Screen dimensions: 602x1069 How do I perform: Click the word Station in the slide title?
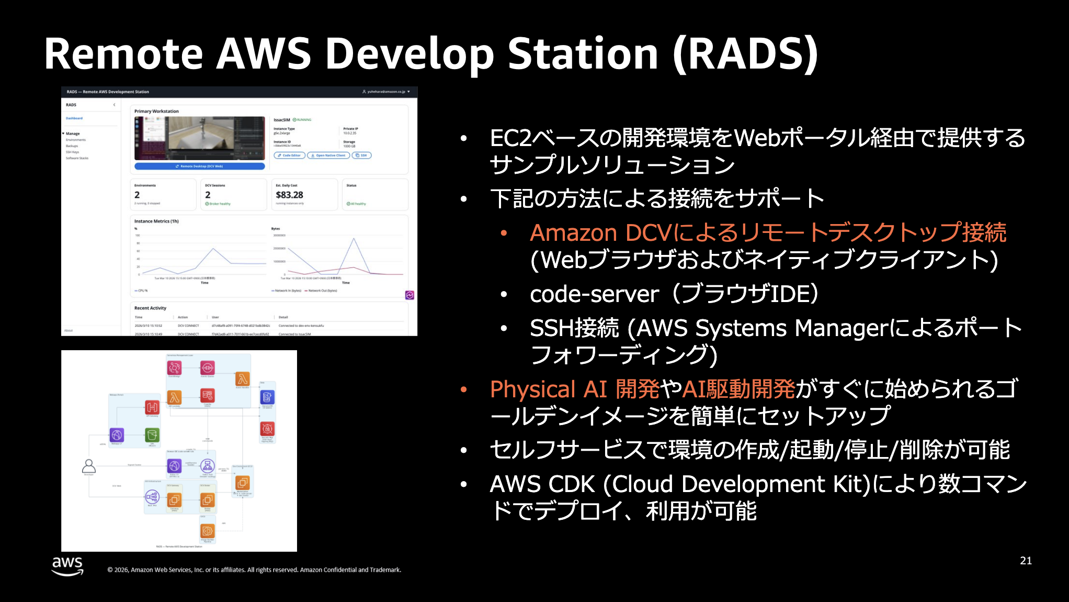[x=583, y=54]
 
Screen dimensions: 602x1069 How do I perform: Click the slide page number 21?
[x=1026, y=561]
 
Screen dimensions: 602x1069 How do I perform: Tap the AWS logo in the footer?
[x=67, y=566]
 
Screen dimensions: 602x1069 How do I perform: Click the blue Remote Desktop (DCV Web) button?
[x=199, y=166]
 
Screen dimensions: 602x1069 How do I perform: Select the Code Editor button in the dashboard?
[x=289, y=155]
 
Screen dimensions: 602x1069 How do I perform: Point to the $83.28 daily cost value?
[x=289, y=195]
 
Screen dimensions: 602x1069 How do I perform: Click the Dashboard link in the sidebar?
[x=74, y=118]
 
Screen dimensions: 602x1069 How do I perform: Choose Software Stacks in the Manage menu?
[x=77, y=158]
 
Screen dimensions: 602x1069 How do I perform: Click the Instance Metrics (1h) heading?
[x=156, y=221]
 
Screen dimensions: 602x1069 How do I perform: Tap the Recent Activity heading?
[x=150, y=308]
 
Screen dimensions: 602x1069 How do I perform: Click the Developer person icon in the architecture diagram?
[x=89, y=465]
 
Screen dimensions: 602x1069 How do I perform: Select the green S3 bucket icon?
[x=152, y=435]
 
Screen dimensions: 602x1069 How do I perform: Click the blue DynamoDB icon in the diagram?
[x=267, y=397]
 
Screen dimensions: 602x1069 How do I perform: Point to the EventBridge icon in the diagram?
[x=174, y=367]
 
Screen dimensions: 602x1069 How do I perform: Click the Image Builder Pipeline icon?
[x=208, y=531]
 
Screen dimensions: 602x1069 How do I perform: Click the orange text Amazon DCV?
[x=600, y=233]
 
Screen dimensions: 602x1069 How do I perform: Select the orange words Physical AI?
[x=548, y=389]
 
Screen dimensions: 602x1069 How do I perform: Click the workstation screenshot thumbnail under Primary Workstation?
[x=199, y=138]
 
